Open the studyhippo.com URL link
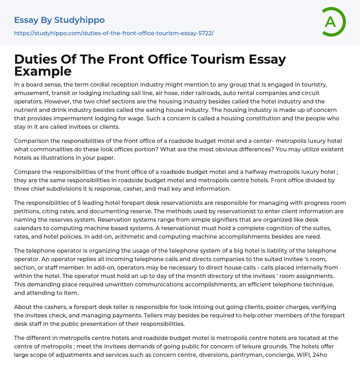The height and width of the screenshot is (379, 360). click(114, 33)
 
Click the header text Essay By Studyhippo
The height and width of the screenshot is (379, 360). click(59, 20)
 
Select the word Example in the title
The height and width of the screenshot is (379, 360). click(43, 71)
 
